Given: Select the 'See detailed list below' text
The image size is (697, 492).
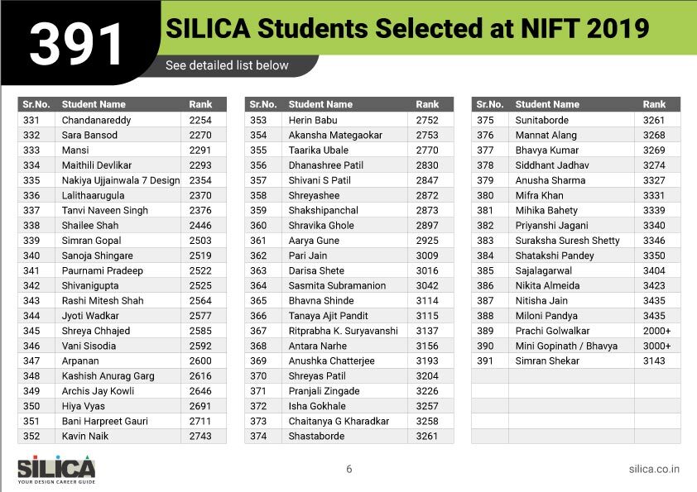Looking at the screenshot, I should pos(227,65).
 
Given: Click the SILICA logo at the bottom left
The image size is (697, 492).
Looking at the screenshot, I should pos(56,469).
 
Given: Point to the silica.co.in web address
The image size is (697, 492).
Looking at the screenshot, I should pos(654,469).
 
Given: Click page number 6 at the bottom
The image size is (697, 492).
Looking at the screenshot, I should pos(348,469).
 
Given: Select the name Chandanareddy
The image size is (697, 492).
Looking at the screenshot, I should pos(96,120).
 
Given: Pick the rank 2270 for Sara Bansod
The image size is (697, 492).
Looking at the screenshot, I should pos(200,135).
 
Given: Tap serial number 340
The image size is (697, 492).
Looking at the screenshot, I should pos(31,256).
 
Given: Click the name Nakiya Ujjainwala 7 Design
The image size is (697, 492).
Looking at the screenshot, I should pos(120,180).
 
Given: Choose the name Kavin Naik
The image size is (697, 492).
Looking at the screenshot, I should pos(85,436).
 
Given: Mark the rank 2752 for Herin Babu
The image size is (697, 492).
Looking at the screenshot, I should pos(427,120).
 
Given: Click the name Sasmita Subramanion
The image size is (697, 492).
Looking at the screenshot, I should pos(337,285).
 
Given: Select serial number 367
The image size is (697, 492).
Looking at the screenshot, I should pos(258,331).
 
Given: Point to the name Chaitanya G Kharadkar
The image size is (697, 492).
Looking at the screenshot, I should pos(339,421).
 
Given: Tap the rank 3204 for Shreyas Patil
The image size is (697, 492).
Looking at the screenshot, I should pos(427,375).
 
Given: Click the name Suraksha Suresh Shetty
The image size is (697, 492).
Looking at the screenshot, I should pos(567,241).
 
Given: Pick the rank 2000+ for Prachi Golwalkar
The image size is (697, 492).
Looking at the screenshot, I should pos(656,331).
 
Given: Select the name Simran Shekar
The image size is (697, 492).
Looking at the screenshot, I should pos(547,361).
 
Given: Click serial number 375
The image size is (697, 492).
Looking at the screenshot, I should pos(485,120).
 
